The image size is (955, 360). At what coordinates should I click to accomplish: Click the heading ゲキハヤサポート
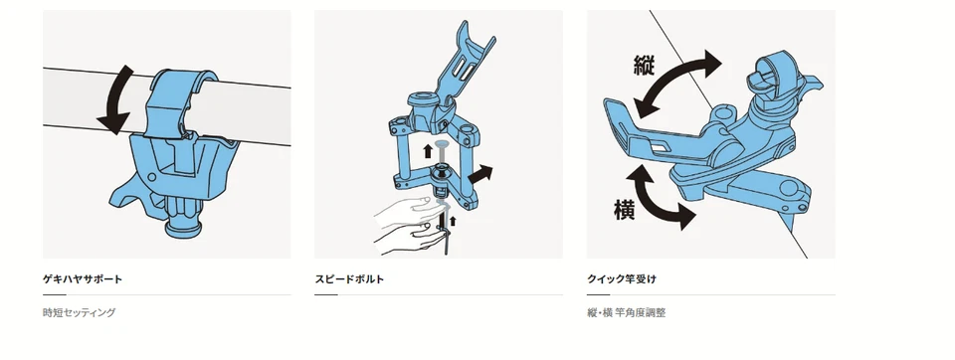pyautogui.click(x=83, y=279)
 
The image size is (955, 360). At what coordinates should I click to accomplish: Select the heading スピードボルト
pyautogui.click(x=349, y=279)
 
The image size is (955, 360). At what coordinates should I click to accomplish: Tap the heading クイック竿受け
pyautogui.click(x=621, y=279)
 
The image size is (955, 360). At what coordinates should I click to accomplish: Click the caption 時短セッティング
pyautogui.click(x=80, y=312)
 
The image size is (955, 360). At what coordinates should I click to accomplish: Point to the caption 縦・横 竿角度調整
pyautogui.click(x=626, y=312)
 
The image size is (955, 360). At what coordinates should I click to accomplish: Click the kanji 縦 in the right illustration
pyautogui.click(x=644, y=65)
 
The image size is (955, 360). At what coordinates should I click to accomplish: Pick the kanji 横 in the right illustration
pyautogui.click(x=625, y=209)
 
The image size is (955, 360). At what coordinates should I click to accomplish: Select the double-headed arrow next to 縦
pyautogui.click(x=677, y=85)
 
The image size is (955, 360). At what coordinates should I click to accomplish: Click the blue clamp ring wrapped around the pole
pyautogui.click(x=177, y=102)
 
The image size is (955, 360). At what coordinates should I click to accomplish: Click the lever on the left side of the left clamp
pyautogui.click(x=128, y=189)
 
